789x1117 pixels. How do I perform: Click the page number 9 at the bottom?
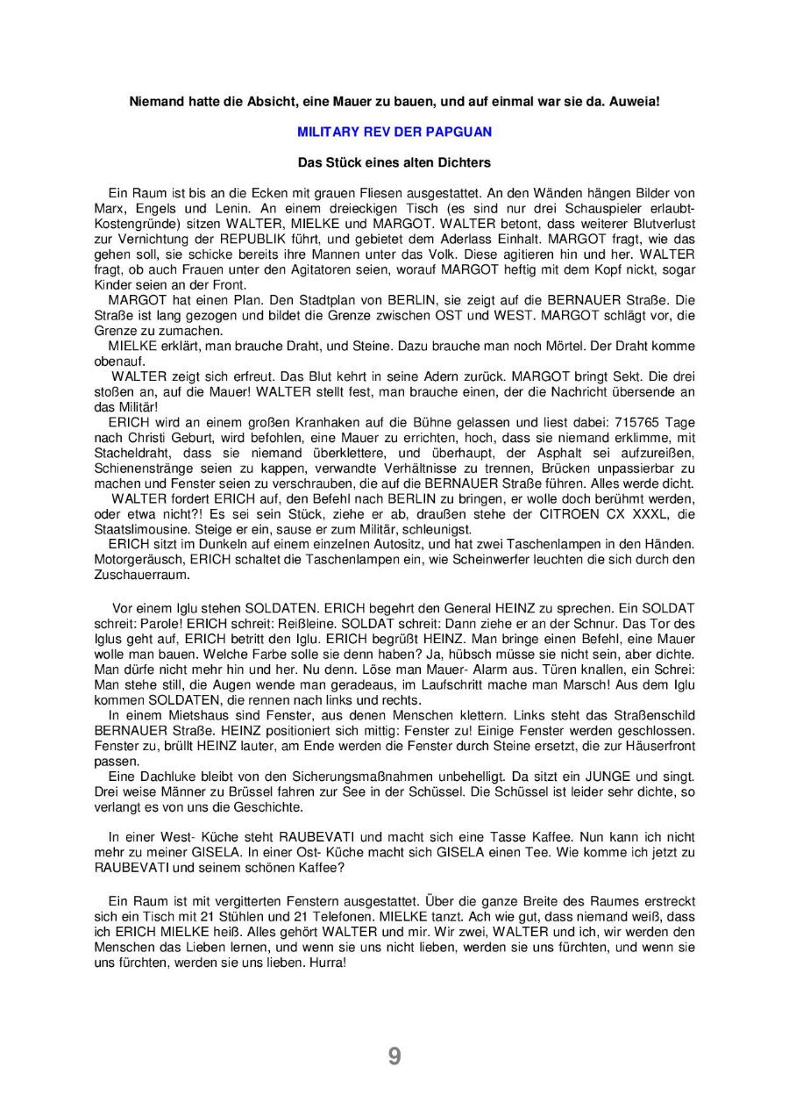tap(394, 1056)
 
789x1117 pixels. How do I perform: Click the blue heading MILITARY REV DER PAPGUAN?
tap(394, 132)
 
